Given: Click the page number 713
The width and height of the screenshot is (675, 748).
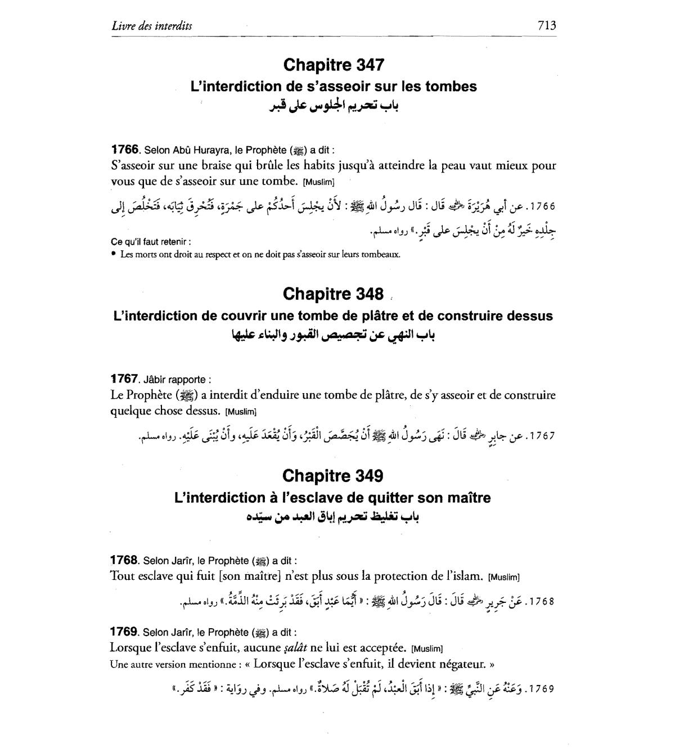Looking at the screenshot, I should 546,25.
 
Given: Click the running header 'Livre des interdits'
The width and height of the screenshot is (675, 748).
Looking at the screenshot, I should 152,25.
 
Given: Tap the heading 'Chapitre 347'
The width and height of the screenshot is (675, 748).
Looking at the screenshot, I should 334,65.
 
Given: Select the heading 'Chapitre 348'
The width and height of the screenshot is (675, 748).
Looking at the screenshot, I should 334,294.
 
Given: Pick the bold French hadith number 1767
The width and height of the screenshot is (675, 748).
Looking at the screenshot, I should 124,378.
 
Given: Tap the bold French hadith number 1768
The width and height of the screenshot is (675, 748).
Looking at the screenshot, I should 124,560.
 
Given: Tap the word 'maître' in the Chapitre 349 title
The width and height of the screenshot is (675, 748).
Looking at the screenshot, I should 469,498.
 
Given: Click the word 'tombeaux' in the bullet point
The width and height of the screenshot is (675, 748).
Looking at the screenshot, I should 381,254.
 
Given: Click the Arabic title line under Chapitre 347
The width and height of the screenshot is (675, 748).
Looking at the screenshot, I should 334,106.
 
